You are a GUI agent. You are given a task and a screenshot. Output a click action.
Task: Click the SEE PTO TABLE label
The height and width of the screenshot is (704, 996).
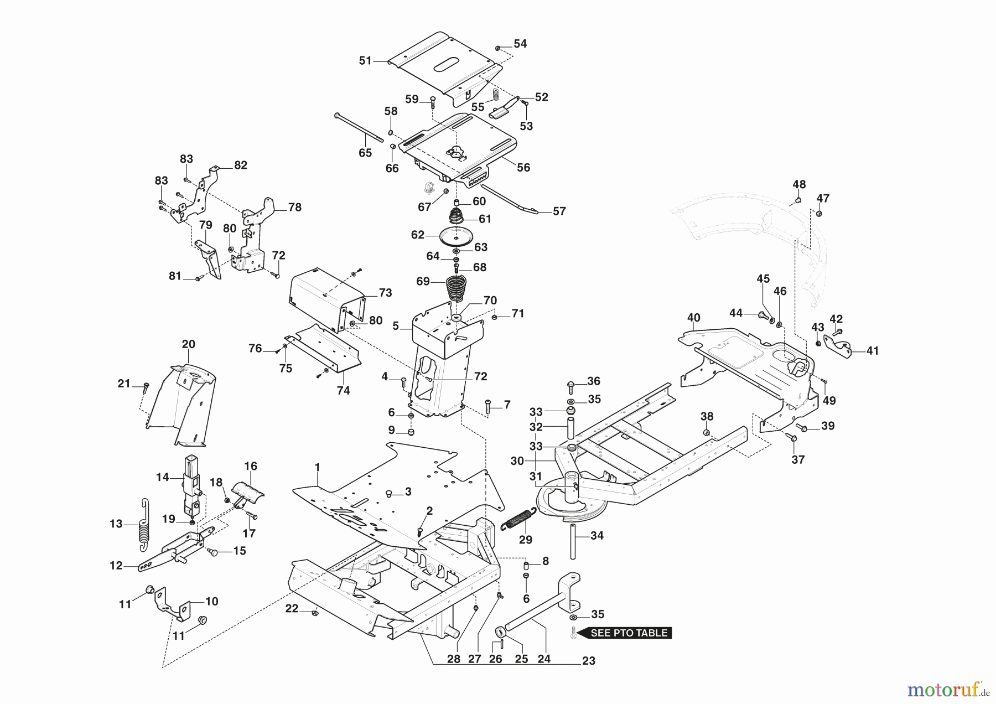click(x=629, y=633)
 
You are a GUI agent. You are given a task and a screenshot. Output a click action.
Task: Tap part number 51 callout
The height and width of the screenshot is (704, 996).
click(x=365, y=61)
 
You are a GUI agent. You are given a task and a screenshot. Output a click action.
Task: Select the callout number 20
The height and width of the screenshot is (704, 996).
click(x=189, y=344)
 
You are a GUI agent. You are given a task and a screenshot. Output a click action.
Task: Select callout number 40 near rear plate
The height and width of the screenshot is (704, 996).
click(x=693, y=318)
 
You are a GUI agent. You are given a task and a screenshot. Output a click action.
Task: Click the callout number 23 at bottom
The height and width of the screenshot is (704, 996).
click(x=589, y=661)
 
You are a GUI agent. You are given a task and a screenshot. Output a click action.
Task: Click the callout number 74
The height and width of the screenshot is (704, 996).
click(x=343, y=391)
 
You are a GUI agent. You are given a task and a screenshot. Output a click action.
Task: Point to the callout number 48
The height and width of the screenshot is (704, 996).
click(x=799, y=184)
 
